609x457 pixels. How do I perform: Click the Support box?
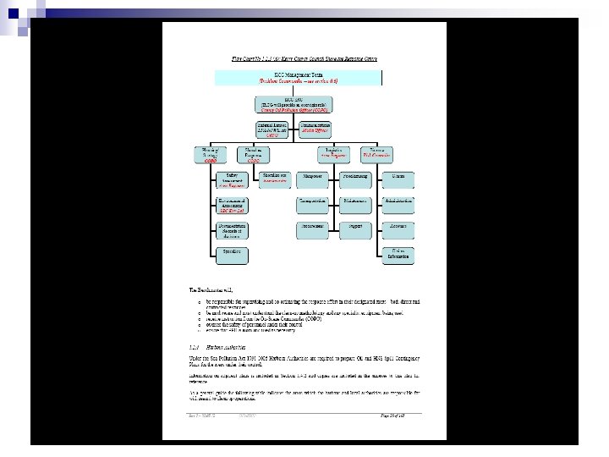[x=354, y=227]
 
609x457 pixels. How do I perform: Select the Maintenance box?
[x=354, y=201]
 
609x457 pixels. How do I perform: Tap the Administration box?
[x=398, y=201]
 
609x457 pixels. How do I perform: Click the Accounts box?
[x=398, y=227]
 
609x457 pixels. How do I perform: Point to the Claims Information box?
[x=398, y=254]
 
